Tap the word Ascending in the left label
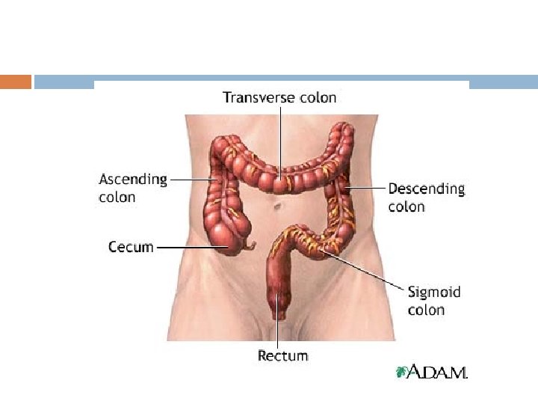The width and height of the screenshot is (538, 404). point(133,180)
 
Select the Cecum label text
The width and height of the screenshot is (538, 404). point(130,246)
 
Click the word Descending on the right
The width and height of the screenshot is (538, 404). point(426,189)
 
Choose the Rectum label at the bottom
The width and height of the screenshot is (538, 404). point(282,356)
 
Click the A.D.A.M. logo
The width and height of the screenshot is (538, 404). point(433,372)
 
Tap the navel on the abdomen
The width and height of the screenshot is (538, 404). point(277,203)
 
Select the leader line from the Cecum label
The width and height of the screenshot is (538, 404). point(187,246)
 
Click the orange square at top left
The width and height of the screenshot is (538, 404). point(16,82)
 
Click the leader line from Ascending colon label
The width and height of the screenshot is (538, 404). point(193,180)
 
